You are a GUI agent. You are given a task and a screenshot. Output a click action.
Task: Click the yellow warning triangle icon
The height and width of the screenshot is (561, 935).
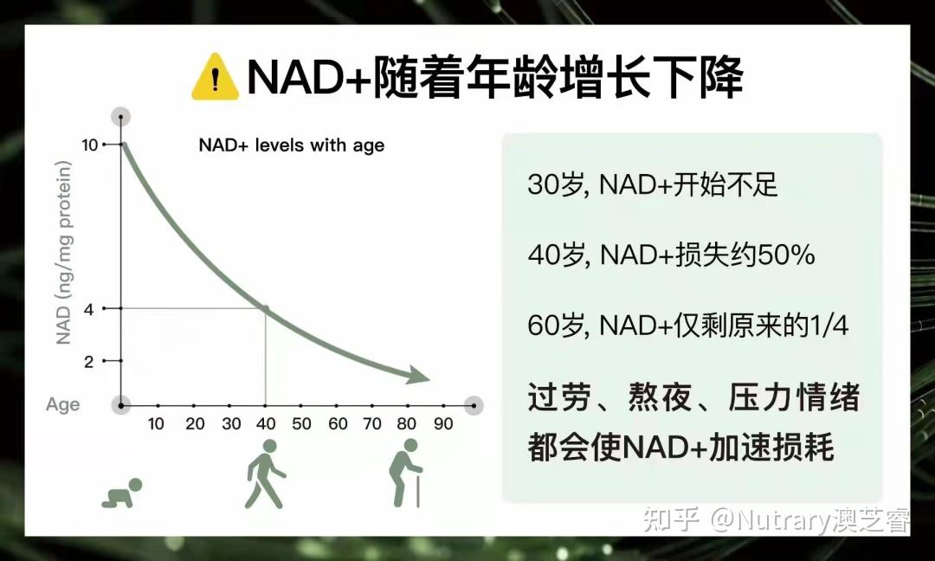(x=216, y=78)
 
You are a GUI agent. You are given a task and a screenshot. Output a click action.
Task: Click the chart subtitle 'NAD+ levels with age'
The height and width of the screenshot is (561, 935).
(x=292, y=145)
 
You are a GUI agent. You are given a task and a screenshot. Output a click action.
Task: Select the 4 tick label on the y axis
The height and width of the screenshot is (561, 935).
(x=89, y=309)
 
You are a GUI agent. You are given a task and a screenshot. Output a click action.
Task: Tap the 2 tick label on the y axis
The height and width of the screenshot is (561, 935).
(x=89, y=361)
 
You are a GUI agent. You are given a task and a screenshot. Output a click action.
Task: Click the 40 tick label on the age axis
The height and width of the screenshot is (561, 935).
(x=266, y=424)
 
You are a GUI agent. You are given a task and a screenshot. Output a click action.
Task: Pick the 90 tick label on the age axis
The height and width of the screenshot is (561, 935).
(x=443, y=424)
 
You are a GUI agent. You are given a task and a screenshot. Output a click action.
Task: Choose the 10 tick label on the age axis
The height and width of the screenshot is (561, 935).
(x=156, y=424)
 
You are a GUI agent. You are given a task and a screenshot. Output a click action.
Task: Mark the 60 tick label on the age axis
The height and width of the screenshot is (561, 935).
(x=338, y=424)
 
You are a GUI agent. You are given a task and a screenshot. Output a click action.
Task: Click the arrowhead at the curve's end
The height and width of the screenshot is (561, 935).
(x=419, y=375)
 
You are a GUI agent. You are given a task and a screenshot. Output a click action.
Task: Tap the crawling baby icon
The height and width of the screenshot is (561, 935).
(x=122, y=493)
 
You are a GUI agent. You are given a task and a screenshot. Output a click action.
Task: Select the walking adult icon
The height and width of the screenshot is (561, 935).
(x=266, y=474)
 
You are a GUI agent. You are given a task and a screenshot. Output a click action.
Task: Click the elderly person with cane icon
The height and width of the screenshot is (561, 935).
(x=406, y=474)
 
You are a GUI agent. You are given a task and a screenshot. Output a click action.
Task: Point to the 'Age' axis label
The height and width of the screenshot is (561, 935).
(x=62, y=405)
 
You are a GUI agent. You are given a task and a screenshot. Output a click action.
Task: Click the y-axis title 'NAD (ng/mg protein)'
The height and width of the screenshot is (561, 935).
(x=63, y=253)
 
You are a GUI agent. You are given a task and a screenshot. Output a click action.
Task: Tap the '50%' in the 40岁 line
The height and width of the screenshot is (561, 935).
(x=786, y=255)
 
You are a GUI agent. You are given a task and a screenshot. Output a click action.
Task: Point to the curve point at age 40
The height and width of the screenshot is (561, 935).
(x=266, y=309)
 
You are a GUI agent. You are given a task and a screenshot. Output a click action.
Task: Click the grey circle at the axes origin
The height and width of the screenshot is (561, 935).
(x=121, y=405)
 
